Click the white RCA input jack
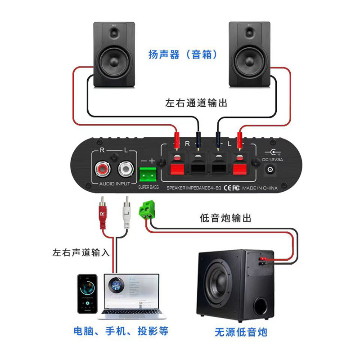click(x=126, y=170)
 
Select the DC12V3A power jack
click(x=271, y=169)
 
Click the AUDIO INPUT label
click(x=114, y=184)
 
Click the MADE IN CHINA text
click(x=260, y=188)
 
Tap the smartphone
click(x=87, y=293)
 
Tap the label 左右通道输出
click(x=196, y=103)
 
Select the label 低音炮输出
click(x=225, y=218)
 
